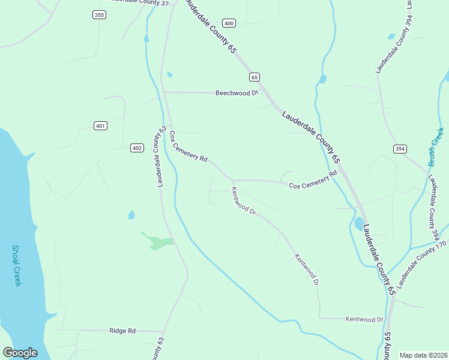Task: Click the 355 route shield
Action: click(99, 14)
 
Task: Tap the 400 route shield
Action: click(228, 23)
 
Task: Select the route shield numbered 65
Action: click(255, 77)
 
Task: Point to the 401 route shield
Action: click(101, 125)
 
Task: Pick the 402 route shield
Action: click(137, 148)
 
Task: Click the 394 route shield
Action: click(400, 148)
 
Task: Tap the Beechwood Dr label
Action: click(237, 93)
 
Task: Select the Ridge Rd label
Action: click(122, 331)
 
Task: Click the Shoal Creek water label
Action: click(17, 265)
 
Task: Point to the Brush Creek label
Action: click(436, 147)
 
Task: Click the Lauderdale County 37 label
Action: click(138, 2)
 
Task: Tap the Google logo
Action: click(20, 353)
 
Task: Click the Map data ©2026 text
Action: click(423, 355)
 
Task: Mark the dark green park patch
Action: click(157, 241)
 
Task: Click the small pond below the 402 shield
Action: click(131, 215)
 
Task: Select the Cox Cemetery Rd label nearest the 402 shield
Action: click(188, 147)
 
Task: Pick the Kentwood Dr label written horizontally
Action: click(364, 319)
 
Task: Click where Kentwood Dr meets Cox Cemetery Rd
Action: click(233, 181)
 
